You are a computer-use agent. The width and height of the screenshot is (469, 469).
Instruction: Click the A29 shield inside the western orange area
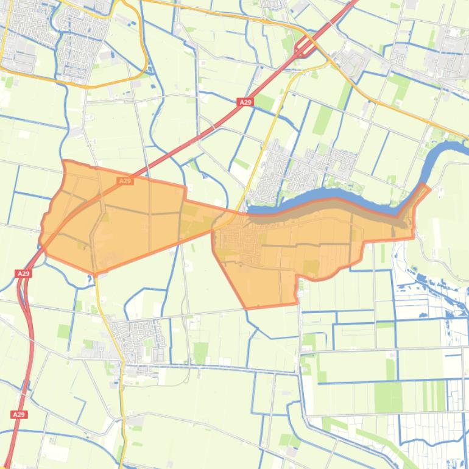[x=125, y=181]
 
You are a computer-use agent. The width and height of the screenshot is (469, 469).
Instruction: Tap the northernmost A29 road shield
[x=245, y=102]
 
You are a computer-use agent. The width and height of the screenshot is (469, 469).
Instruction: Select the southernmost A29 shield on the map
[x=19, y=414]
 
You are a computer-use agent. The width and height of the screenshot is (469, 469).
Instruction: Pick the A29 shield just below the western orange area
[x=23, y=273]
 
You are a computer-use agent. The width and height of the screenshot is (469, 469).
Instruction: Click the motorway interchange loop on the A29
[x=304, y=46]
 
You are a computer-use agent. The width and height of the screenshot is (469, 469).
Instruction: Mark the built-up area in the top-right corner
[x=445, y=55]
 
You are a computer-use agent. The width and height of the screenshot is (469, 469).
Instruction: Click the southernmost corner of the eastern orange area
[x=247, y=307]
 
